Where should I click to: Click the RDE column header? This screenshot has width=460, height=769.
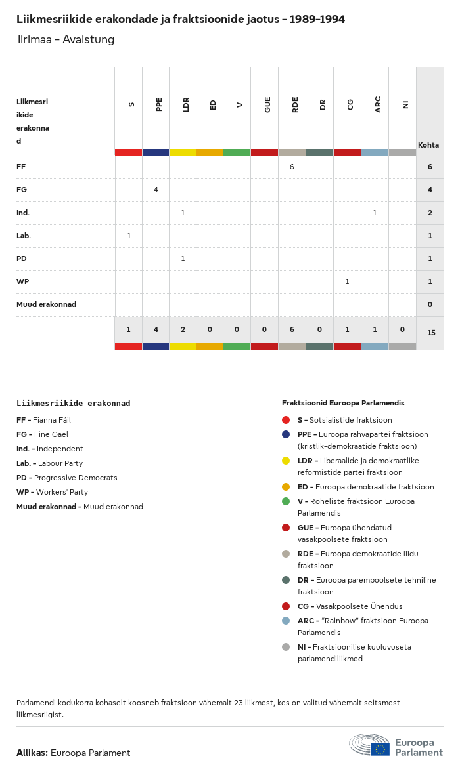click(296, 104)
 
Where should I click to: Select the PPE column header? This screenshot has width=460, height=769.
click(159, 104)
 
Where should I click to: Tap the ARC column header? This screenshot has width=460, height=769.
click(378, 104)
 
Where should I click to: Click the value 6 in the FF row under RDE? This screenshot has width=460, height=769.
click(291, 167)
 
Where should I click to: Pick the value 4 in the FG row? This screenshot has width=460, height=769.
click(156, 190)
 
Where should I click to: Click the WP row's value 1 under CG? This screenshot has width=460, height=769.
click(347, 281)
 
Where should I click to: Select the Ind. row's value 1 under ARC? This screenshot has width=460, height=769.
click(375, 213)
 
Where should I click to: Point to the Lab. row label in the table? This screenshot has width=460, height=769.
click(24, 236)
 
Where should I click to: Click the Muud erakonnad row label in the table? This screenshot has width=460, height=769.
click(46, 304)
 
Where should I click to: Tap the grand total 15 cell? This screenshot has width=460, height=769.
click(431, 333)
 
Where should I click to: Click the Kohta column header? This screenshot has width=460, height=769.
click(428, 145)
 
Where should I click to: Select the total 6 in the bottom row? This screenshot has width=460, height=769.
click(292, 329)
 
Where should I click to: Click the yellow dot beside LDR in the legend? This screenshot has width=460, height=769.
click(286, 461)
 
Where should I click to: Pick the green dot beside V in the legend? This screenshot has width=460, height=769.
click(286, 501)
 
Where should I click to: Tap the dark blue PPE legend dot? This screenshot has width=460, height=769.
click(286, 434)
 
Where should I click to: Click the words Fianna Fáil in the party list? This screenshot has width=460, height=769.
click(52, 420)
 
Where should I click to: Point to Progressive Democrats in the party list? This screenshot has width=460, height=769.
click(76, 478)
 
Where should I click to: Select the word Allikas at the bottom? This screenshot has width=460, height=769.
click(32, 753)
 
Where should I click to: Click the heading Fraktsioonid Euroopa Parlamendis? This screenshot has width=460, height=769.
click(343, 403)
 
